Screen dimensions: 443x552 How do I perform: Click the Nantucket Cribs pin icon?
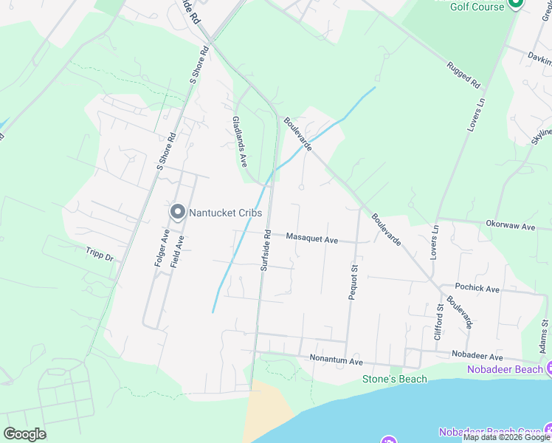pos(178,213)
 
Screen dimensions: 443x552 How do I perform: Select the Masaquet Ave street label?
pos(311,239)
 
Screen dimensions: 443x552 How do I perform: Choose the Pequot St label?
pos(353,283)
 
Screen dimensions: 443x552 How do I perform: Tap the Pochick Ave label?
pos(478,288)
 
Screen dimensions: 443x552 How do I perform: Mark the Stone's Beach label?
pos(394,379)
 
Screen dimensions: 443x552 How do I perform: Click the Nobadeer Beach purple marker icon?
pos(549,368)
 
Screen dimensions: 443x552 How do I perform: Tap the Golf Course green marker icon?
pos(516,5)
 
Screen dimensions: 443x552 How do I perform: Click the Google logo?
pos(24,434)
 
